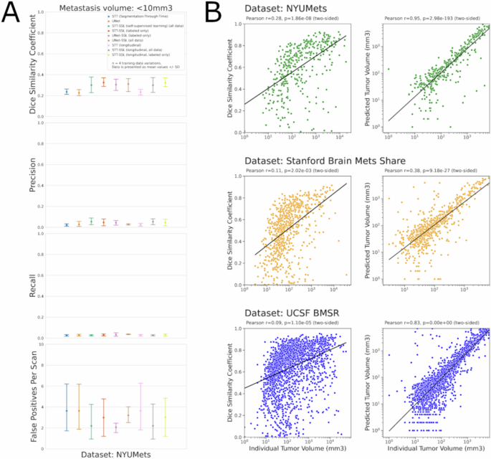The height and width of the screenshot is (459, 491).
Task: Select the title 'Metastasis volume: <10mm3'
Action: tap(117, 6)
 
